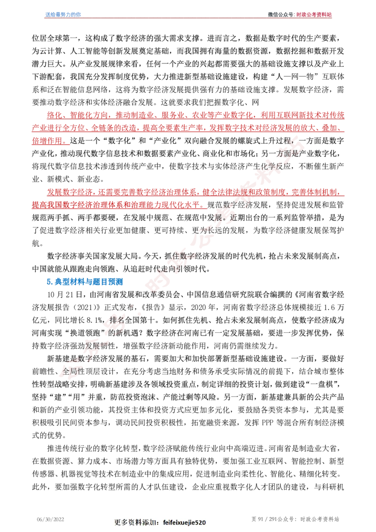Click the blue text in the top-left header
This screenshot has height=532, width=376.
[x=63, y=15]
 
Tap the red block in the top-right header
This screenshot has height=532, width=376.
[x=314, y=15]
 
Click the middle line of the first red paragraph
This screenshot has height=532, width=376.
[x=188, y=128]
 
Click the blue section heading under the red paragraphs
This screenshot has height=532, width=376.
[x=85, y=282]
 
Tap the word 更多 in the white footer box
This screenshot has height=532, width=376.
[x=121, y=523]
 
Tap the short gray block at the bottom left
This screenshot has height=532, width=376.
[x=50, y=519]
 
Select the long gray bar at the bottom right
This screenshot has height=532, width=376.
[x=295, y=519]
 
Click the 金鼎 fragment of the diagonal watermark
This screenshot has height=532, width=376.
[x=70, y=372]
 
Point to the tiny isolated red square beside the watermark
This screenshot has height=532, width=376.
[x=141, y=313]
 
